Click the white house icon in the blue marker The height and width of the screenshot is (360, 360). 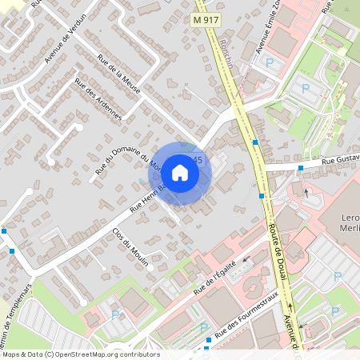180,173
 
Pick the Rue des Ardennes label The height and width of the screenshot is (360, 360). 98,98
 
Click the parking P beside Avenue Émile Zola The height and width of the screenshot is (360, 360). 270,61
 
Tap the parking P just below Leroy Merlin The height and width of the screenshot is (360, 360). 337,276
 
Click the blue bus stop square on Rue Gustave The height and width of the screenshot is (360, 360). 300,168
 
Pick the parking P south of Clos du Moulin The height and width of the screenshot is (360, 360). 118,314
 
